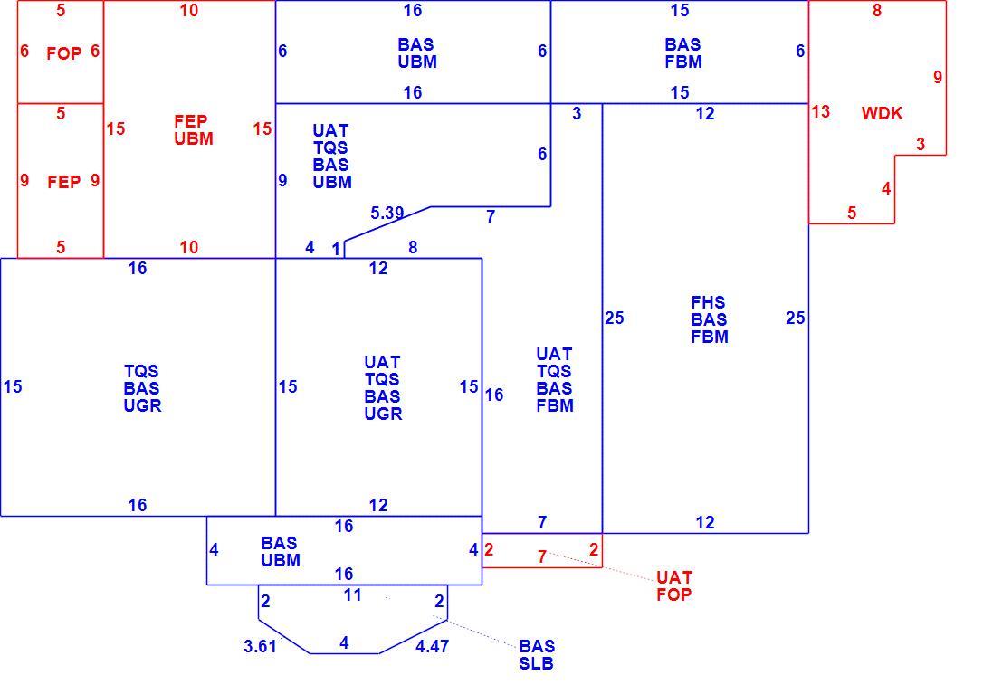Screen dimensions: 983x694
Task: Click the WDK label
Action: (x=882, y=113)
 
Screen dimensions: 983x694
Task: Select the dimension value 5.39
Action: (x=387, y=214)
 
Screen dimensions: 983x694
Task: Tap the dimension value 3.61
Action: (x=260, y=646)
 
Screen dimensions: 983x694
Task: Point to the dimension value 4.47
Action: (x=432, y=646)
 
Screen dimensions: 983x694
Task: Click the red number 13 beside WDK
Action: (x=821, y=111)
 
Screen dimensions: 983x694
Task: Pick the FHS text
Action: (x=708, y=302)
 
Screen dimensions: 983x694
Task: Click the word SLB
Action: (x=536, y=663)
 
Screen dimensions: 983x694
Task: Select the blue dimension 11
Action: (x=353, y=595)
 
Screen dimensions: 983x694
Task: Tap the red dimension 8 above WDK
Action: (x=877, y=10)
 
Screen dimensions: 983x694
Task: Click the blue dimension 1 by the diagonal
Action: (x=336, y=250)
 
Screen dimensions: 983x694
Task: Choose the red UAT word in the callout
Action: (x=674, y=577)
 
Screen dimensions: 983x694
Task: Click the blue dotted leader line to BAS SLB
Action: (x=474, y=632)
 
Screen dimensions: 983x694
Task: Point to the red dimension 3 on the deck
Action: (x=921, y=144)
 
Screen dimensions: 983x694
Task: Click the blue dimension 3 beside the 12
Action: (x=577, y=113)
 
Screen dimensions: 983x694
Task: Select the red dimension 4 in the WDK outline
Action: (x=886, y=188)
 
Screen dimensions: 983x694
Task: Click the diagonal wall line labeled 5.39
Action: (x=387, y=223)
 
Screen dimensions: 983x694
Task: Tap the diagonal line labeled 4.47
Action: (x=413, y=637)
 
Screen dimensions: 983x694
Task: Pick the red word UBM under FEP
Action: (x=194, y=138)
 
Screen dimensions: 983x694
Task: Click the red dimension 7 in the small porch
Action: (x=542, y=556)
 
